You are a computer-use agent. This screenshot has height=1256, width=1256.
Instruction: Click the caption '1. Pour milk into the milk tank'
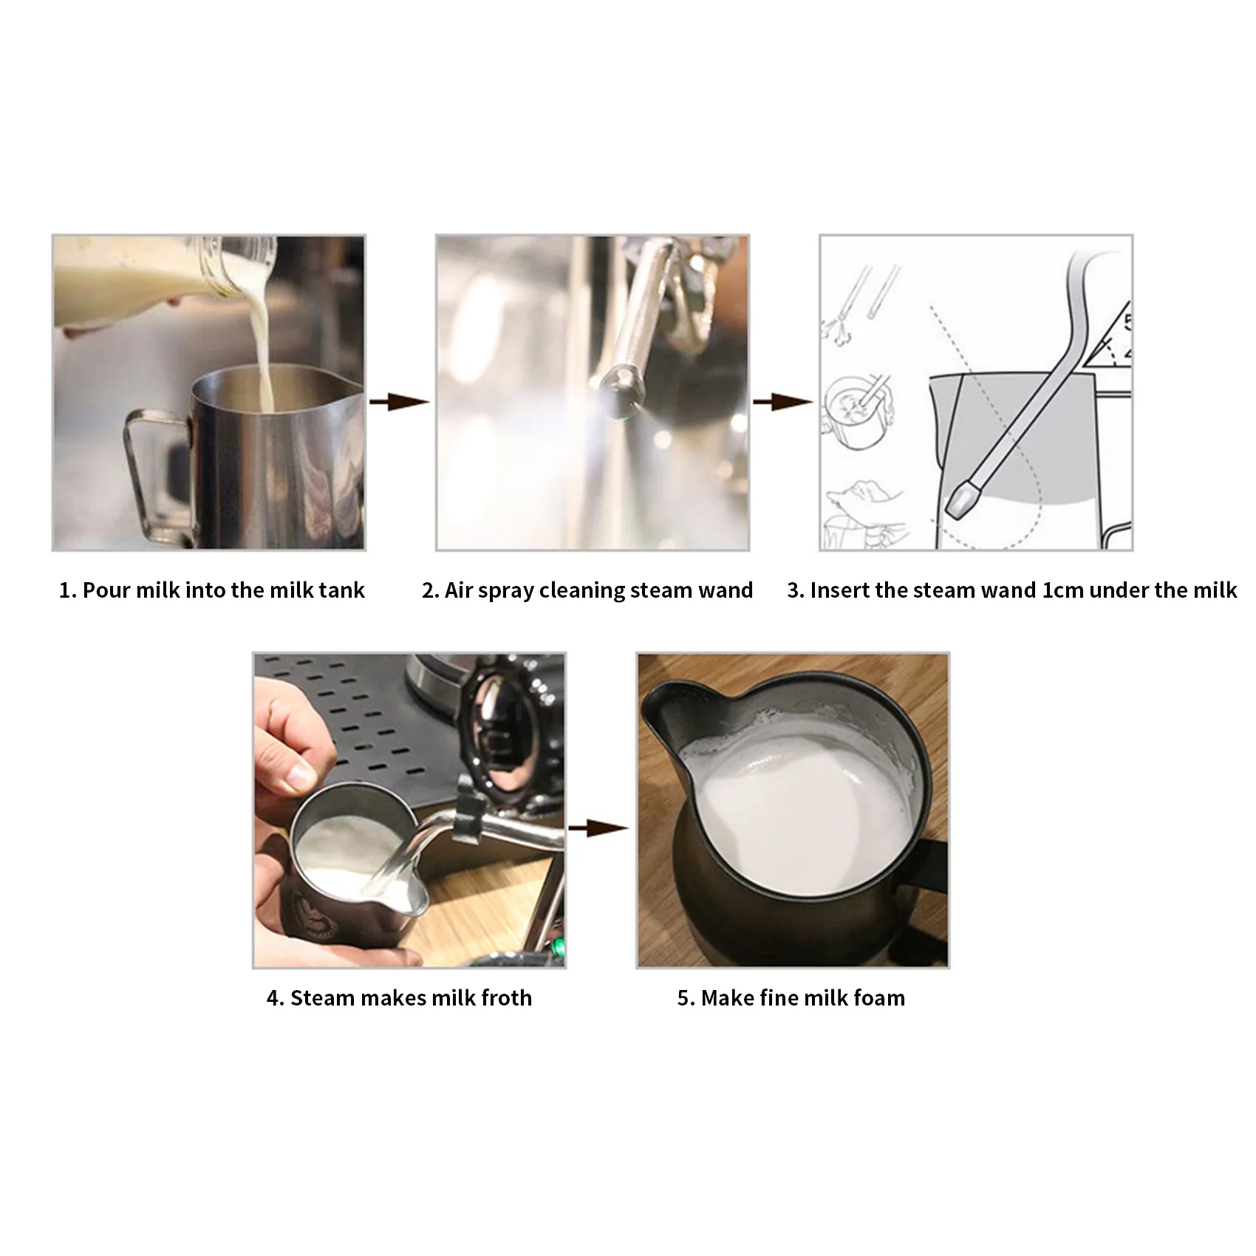[x=211, y=590]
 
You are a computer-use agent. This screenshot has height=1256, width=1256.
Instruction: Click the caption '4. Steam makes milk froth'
[x=399, y=998]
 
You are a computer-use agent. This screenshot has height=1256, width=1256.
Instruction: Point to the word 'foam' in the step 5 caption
[x=878, y=998]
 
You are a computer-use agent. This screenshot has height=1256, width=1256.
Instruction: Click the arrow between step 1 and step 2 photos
[x=399, y=402]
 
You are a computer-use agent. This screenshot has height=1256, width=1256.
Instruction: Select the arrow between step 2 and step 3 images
[x=783, y=402]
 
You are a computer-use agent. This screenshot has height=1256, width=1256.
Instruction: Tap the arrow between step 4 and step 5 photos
[x=598, y=829]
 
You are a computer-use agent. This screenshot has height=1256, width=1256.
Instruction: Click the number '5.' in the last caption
[x=686, y=998]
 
